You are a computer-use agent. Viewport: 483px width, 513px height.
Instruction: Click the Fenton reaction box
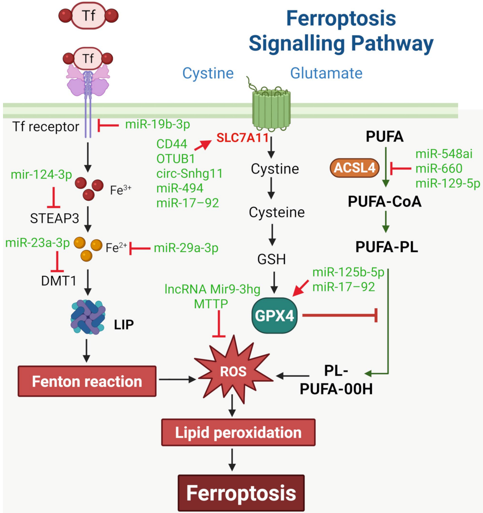[x=87, y=381]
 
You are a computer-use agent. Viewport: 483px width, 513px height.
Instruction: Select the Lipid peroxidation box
[x=238, y=432]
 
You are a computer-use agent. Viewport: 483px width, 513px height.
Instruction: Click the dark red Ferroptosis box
[x=241, y=493]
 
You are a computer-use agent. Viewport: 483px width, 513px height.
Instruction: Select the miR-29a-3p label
[x=186, y=248]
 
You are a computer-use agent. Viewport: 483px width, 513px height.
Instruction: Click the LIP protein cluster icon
[x=88, y=316]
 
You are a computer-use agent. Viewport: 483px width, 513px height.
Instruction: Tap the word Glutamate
[x=326, y=74]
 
